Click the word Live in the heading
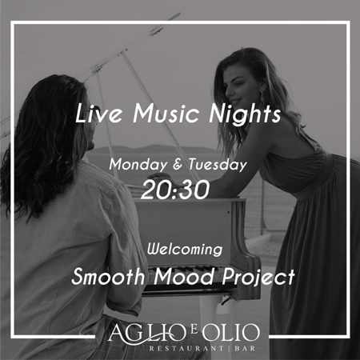[98, 114]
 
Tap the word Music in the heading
[166, 114]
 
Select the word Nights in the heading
[245, 114]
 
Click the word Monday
[138, 165]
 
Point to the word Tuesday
[218, 165]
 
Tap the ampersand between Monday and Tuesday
[178, 165]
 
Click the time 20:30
[175, 190]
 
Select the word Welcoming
[185, 250]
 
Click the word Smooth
[108, 277]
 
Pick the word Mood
[184, 277]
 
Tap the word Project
[258, 278]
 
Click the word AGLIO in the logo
[146, 333]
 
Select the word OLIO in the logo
[230, 332]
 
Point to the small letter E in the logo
[194, 330]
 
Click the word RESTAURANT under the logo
[186, 349]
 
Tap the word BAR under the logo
[245, 349]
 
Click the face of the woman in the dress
[238, 90]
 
